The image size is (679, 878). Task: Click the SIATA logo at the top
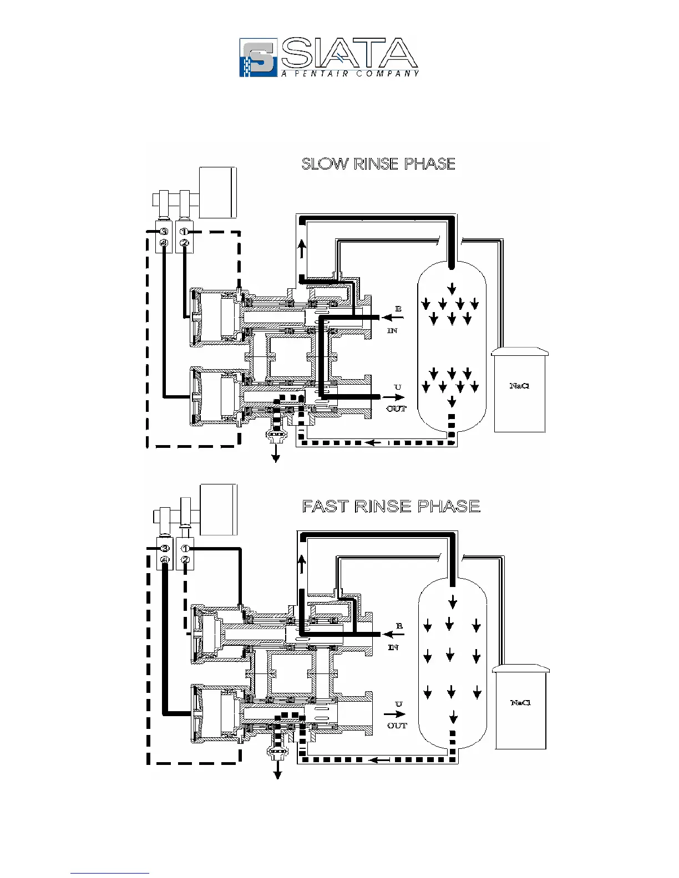coord(328,57)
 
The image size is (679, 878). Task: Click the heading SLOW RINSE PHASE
coord(378,164)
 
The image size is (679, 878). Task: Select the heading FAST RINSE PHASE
coord(391,507)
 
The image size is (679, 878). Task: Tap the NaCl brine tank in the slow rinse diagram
coord(519,391)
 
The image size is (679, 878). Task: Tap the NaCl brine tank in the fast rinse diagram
coord(521,708)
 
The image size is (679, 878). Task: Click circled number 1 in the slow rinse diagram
coord(185,232)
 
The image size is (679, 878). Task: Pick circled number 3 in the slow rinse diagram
coord(164,232)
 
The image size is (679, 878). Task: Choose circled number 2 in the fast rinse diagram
coord(185,560)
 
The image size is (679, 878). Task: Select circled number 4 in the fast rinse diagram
coord(165,560)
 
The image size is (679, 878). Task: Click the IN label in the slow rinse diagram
coord(392,330)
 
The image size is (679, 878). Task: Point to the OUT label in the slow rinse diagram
coord(396,409)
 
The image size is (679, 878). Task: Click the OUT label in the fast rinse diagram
coord(397,725)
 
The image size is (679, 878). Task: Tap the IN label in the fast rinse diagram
coord(393,647)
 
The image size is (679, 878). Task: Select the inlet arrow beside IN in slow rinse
coord(394,318)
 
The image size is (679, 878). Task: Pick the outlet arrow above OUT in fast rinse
coord(394,714)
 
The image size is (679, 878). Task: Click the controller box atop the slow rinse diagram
coord(218,192)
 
